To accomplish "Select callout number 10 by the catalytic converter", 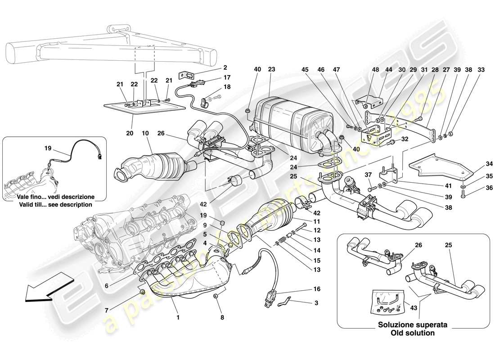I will tap(146, 134).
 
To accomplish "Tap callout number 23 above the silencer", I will tap(271, 69).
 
